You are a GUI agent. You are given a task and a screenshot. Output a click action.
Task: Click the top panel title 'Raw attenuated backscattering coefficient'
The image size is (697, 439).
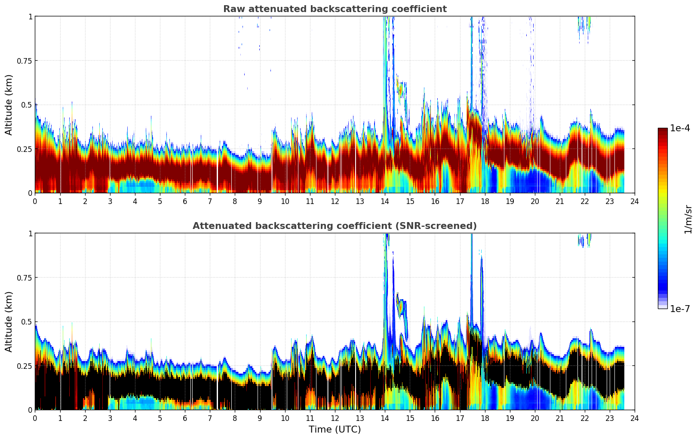[335, 9]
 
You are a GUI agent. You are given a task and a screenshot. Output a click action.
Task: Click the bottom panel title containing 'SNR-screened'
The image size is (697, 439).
[335, 226]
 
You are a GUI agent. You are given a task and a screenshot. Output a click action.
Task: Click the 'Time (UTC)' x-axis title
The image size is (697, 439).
[335, 430]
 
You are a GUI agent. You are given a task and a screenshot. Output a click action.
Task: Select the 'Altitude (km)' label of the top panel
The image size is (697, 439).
[9, 105]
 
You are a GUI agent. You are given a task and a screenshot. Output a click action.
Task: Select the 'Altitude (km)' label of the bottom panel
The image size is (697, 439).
[9, 322]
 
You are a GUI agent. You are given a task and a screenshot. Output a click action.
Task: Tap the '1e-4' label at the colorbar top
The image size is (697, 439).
[680, 128]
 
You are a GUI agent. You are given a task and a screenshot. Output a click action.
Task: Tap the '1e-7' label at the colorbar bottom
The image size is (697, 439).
[680, 309]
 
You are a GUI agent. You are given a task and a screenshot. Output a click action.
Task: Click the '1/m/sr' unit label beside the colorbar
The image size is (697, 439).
[688, 219]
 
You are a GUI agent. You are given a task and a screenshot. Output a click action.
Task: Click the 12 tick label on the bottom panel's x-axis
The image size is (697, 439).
[335, 418]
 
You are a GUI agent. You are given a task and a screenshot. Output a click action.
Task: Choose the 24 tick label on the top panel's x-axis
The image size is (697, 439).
[635, 201]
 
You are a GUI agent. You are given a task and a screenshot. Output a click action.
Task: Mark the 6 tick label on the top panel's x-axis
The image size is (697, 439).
[185, 201]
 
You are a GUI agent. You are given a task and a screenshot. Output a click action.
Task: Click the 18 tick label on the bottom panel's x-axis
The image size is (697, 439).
[485, 418]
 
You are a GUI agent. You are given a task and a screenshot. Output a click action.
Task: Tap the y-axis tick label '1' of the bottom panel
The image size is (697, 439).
[30, 233]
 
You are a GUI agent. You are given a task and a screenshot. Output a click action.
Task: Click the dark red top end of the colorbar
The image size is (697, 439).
[662, 130]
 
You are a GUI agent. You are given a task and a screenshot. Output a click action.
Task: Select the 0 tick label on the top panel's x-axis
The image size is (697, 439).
[35, 201]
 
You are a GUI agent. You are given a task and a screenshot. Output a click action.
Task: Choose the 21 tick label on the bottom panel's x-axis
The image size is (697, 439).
[559, 418]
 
